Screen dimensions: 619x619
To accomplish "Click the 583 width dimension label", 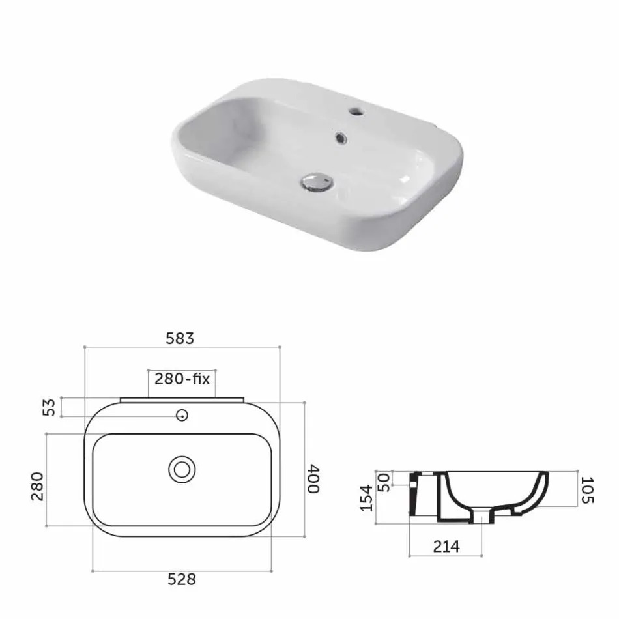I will (180, 339).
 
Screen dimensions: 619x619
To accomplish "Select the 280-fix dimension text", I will (182, 379).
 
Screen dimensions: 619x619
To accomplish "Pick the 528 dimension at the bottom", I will (182, 579).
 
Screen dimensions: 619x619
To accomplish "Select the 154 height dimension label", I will (366, 497).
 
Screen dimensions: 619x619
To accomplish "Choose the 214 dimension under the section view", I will (446, 547).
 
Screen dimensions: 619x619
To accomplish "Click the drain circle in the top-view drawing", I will (182, 469).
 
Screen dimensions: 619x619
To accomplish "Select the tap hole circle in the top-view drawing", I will (182, 415).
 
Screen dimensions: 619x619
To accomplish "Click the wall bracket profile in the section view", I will (412, 495).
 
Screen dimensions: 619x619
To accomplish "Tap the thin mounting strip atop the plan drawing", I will (182, 399).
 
